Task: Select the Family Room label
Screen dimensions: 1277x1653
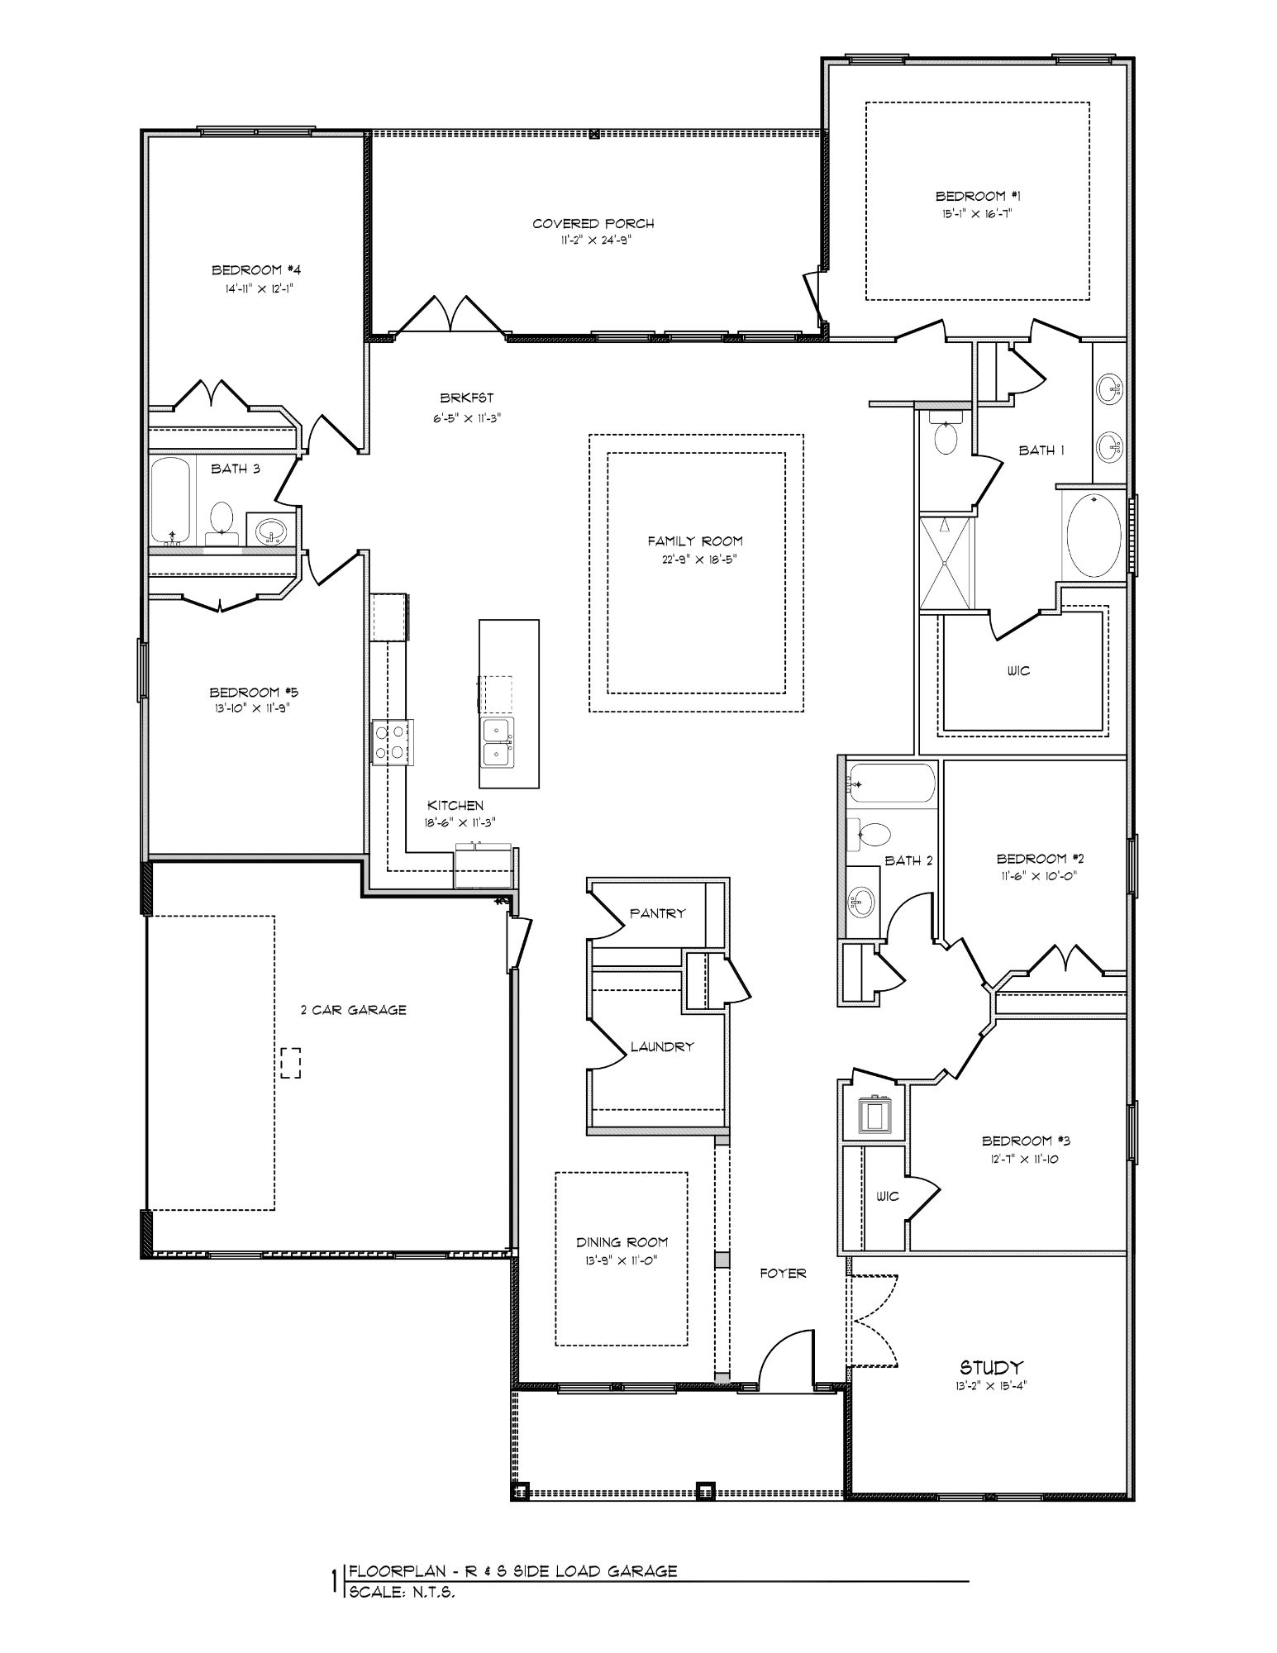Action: [x=695, y=541]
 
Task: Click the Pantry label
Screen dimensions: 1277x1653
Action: [x=657, y=913]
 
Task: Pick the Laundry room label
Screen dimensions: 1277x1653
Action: [x=662, y=1046]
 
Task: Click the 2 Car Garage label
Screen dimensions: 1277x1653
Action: [x=353, y=1009]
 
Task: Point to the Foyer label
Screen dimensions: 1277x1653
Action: [x=783, y=1274]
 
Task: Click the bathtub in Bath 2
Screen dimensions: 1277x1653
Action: [x=891, y=784]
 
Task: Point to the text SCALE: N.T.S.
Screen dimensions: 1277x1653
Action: [x=402, y=1592]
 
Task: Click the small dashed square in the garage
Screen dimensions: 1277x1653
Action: [x=290, y=1062]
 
